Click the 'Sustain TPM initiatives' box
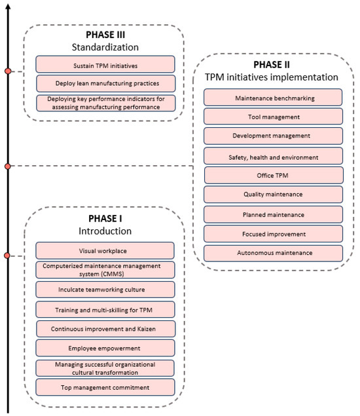[105, 64]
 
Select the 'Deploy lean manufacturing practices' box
[105, 83]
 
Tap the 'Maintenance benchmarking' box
[273, 98]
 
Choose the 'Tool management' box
[273, 117]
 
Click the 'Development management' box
[273, 136]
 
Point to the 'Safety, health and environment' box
[273, 156]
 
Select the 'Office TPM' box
[273, 175]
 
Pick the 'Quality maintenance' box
[273, 195]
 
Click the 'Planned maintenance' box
[273, 214]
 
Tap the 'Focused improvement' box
[273, 233]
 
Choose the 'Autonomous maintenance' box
[273, 253]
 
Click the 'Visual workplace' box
[105, 250]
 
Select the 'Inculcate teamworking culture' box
[105, 289]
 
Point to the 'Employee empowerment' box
[105, 347]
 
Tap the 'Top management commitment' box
[105, 387]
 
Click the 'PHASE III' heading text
[105, 33]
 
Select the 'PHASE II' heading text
[273, 65]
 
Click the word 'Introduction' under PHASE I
[105, 231]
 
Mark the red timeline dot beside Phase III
[7, 71]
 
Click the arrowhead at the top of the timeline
[7, 5]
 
